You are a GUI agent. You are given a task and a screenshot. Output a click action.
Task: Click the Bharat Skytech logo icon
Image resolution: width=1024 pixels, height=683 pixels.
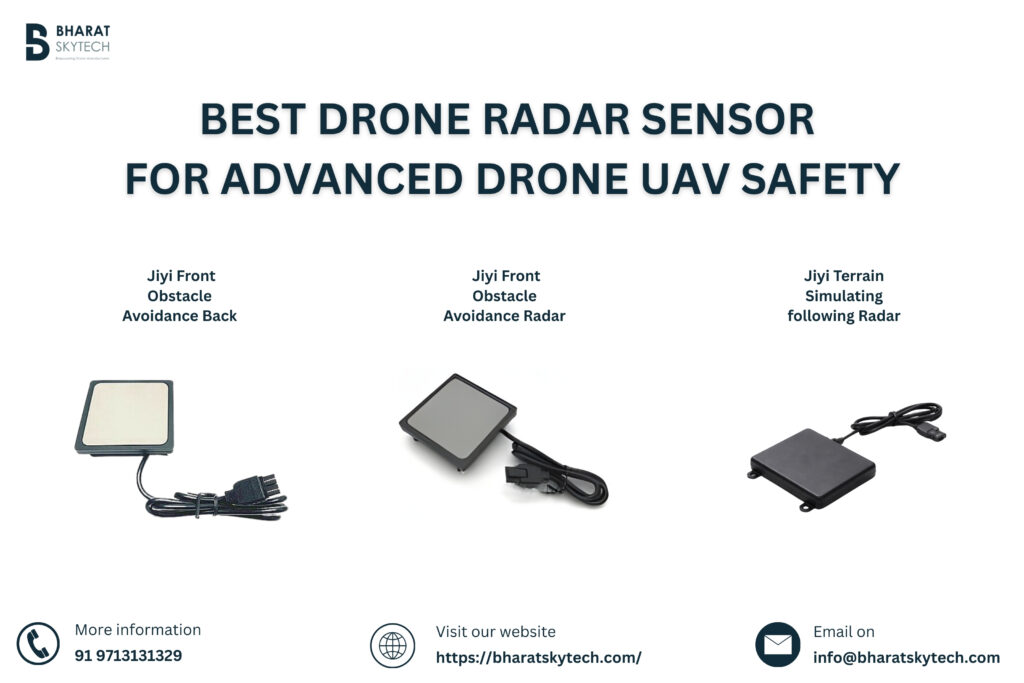tap(37, 42)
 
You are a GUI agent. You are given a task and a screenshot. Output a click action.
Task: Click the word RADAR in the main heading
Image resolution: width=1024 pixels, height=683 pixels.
tap(550, 120)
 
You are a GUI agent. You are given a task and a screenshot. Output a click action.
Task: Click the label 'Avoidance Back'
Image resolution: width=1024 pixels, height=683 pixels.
tap(180, 316)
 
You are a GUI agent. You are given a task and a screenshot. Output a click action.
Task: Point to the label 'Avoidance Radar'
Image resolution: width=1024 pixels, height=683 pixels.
tap(504, 316)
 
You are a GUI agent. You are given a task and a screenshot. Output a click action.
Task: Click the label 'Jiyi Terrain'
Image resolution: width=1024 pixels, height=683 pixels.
tap(844, 275)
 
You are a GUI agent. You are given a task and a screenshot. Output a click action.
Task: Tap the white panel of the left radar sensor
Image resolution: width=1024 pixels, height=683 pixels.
tap(125, 412)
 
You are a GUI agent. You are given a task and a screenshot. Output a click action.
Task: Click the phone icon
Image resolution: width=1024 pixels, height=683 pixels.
tap(38, 644)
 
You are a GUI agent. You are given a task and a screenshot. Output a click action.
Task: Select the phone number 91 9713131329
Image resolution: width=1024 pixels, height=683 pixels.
tap(128, 657)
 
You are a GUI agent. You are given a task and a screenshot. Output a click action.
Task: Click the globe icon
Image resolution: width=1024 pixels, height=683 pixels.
tap(392, 644)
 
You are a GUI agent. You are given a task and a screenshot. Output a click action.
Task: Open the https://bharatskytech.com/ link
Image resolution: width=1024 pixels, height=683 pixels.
tap(538, 658)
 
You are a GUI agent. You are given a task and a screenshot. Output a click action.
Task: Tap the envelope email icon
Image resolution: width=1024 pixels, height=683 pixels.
tap(777, 644)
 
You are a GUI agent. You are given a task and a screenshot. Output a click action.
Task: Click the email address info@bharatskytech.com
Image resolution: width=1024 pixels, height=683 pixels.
tap(906, 658)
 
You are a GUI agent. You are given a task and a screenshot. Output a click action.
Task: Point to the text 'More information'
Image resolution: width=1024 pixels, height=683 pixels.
tap(138, 630)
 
